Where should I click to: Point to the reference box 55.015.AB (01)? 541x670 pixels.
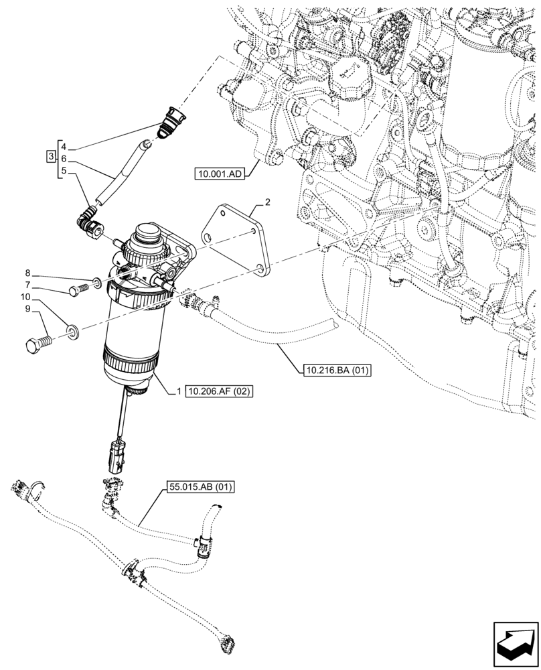tap(200, 488)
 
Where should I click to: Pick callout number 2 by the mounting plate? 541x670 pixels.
tap(267, 201)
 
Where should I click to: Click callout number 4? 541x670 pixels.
tap(63, 146)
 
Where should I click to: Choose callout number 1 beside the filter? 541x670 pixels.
tap(179, 391)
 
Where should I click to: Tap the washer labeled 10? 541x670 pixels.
tap(73, 331)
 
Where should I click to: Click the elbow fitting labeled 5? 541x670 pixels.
tap(90, 222)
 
